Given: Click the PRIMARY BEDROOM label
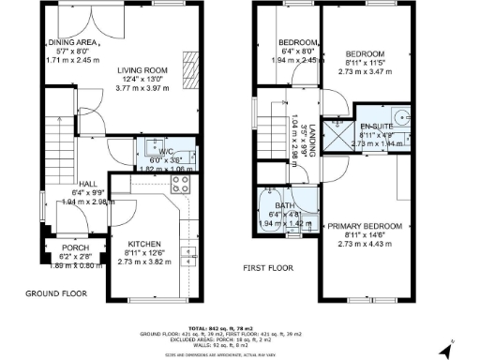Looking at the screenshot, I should click(x=364, y=227).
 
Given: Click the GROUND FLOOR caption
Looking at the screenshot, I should click(x=56, y=293).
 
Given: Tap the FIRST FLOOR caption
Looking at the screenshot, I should click(x=270, y=268).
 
